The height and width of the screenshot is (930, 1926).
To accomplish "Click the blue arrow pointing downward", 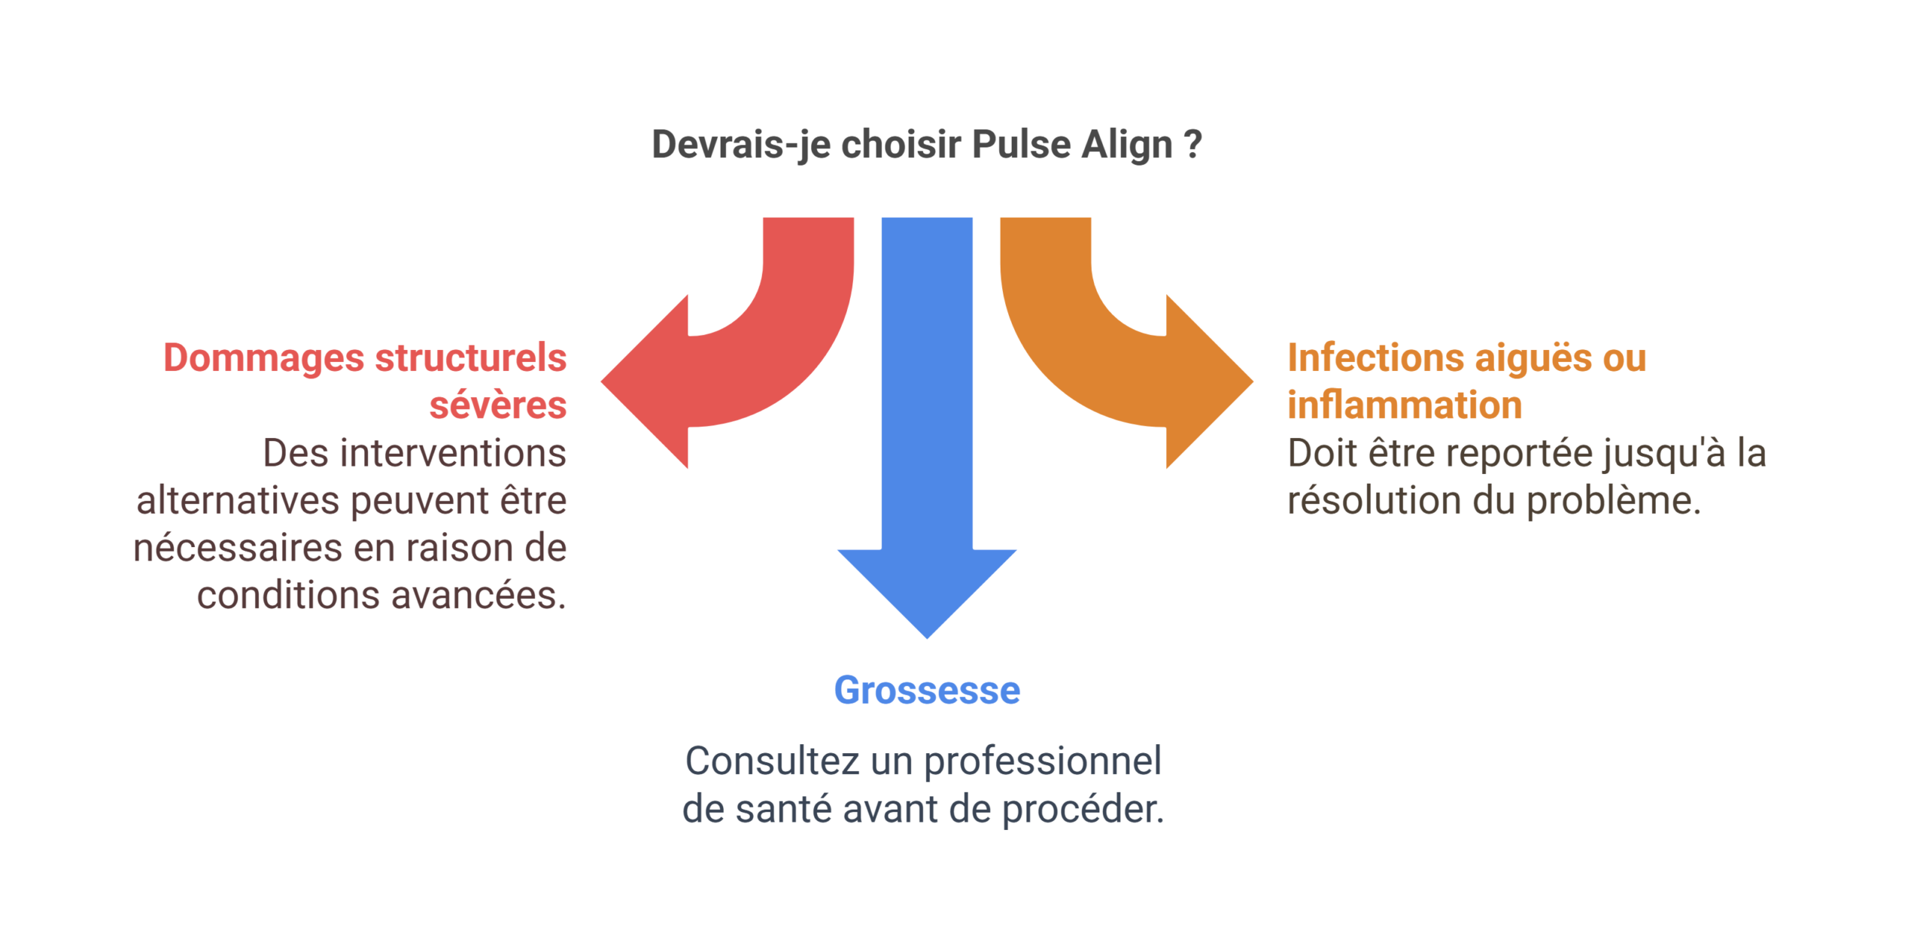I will tap(927, 451).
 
